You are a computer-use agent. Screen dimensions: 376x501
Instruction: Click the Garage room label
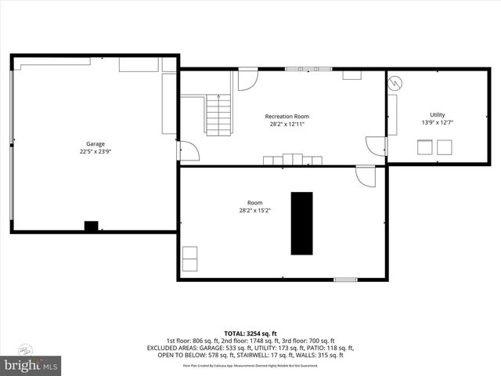coord(96,143)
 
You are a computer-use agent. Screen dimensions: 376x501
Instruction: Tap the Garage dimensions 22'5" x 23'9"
coord(96,152)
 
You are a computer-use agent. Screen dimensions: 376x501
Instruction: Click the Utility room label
coord(437,114)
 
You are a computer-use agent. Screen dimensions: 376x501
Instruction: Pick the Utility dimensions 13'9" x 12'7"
coord(437,122)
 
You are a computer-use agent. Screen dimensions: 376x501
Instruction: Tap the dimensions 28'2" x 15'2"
coord(255,210)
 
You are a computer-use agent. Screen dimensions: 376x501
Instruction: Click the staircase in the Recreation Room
coord(218,114)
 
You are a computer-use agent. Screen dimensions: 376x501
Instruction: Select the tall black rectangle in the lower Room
coord(302,222)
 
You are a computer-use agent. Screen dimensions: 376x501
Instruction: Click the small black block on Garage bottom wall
coord(92,226)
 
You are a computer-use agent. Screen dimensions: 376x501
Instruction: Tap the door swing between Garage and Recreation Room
coord(189,151)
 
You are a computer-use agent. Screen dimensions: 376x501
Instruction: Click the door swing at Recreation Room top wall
coord(248,79)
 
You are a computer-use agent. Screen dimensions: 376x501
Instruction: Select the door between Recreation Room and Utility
coord(376,146)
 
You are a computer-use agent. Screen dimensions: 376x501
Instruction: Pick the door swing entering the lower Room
coord(366,176)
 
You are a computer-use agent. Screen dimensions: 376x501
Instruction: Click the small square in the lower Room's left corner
coord(189,257)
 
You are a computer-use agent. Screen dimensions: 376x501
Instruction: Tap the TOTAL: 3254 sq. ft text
coord(250,334)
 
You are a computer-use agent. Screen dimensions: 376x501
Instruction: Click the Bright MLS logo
coord(31,365)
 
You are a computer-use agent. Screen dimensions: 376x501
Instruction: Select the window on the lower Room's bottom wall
coord(345,279)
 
